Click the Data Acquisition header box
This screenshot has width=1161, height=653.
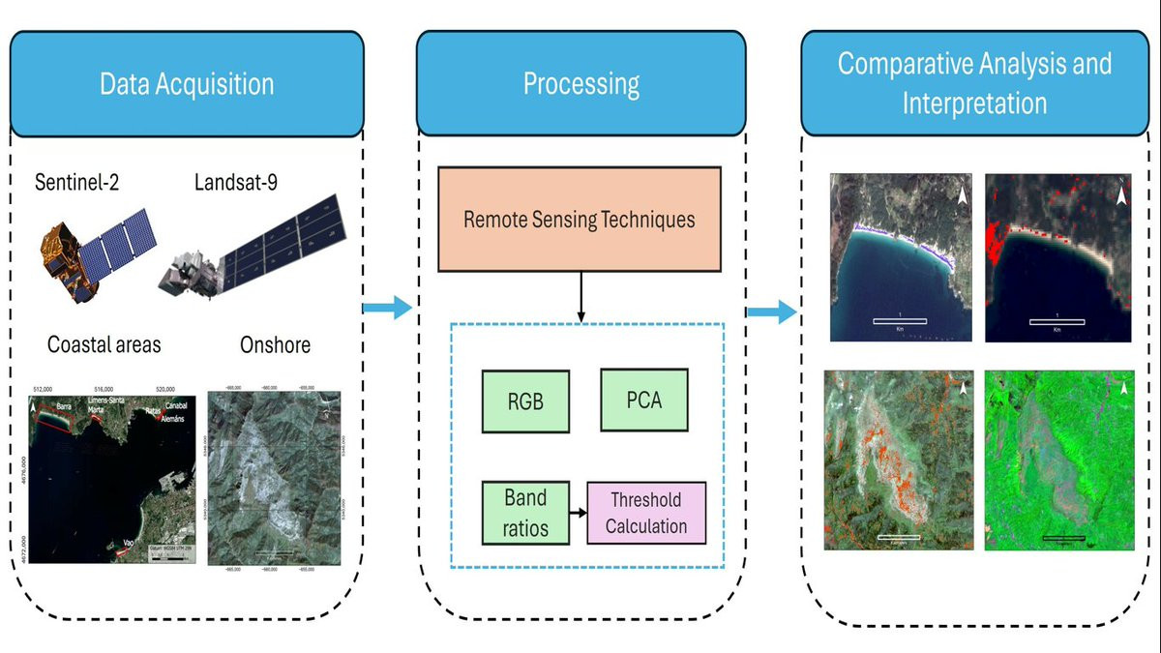[x=187, y=83]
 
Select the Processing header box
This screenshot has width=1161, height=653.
[x=580, y=83]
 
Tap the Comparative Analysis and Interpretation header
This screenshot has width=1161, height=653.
[x=974, y=83]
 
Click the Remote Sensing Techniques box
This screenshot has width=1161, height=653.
[x=579, y=219]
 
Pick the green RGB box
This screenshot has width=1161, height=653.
[x=525, y=400]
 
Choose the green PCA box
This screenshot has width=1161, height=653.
[x=643, y=399]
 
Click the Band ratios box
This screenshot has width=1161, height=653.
[x=525, y=513]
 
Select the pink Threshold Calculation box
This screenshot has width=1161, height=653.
[x=646, y=513]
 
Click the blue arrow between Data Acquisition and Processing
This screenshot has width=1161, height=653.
[x=386, y=309]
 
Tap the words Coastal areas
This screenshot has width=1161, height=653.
[x=104, y=345]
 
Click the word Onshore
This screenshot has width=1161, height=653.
[x=274, y=345]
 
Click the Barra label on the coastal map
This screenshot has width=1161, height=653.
[x=64, y=407]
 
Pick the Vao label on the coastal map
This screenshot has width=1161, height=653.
[x=128, y=544]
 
